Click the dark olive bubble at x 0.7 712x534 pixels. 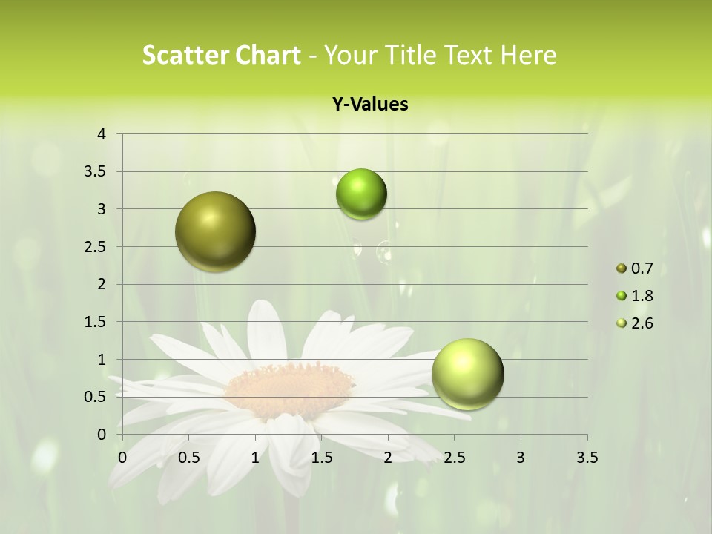(215, 231)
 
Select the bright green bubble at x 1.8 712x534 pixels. (361, 194)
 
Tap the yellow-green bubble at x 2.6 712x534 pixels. (467, 374)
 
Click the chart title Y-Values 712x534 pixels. (370, 105)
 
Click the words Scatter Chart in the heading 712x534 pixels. (221, 55)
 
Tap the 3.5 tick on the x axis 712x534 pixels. (587, 458)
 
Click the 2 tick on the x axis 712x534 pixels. (388, 458)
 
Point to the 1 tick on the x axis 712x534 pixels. (255, 458)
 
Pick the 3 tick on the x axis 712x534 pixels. (521, 458)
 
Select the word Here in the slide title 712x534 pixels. (529, 55)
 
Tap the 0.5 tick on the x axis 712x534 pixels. (188, 458)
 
